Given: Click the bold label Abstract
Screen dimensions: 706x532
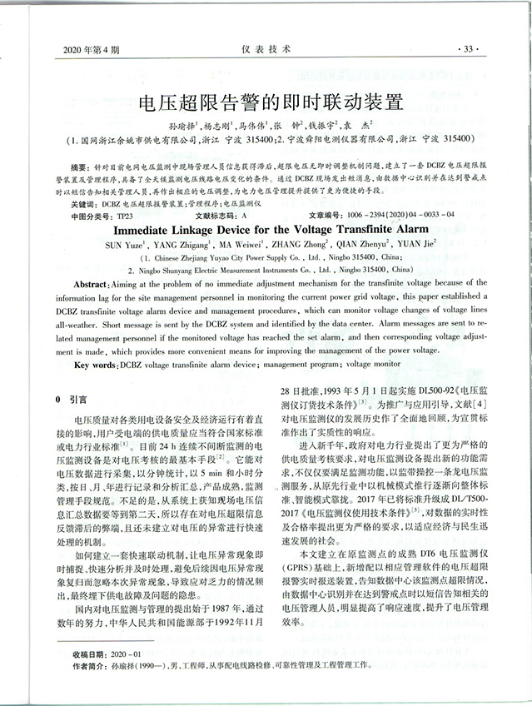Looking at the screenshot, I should (x=92, y=285).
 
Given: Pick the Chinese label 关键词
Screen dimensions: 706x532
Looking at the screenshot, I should (x=83, y=203).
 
